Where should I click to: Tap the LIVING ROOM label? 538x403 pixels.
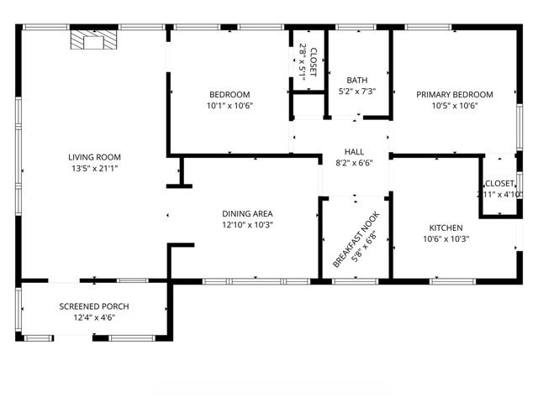point(94,157)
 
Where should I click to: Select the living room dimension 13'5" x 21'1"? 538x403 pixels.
point(94,169)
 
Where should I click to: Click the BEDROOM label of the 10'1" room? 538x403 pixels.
point(229,94)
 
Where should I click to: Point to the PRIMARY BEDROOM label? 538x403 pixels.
point(455,94)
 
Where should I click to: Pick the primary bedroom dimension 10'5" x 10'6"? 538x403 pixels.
point(455,106)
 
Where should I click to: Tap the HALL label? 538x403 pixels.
point(354,151)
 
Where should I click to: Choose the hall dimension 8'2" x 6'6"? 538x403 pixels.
point(354,163)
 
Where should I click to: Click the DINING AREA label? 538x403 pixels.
point(247,213)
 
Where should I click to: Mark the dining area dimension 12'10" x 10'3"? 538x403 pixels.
point(247,225)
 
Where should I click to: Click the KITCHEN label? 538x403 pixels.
point(446,228)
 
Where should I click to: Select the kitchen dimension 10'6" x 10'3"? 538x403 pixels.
point(446,239)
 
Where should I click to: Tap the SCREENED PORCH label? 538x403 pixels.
point(92,306)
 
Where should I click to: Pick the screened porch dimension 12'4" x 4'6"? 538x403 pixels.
point(92,317)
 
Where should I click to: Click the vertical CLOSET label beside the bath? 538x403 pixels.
point(314,61)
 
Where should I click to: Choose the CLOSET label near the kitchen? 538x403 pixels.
point(499,183)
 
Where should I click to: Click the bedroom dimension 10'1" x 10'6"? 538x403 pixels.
point(229,106)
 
